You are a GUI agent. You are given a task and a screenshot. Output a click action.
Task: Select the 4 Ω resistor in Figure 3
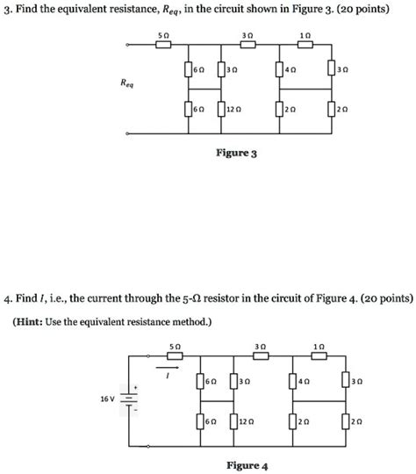(279, 69)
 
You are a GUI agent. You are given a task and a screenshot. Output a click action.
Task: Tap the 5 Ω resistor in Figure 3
(162, 44)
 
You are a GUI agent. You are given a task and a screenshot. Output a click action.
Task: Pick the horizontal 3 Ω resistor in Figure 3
(248, 44)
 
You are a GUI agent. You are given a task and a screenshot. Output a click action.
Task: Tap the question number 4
(8, 298)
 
